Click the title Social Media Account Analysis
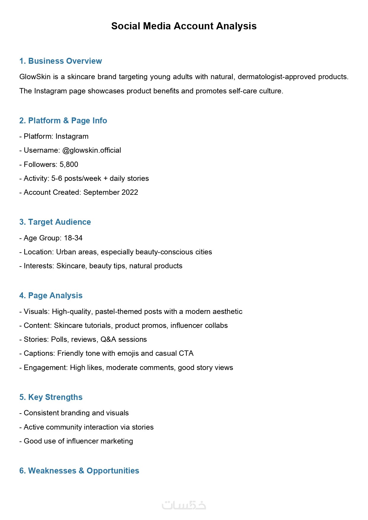(x=184, y=26)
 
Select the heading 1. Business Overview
(x=60, y=61)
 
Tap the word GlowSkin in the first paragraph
(x=35, y=77)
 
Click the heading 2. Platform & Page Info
(x=63, y=121)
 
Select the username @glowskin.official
(x=92, y=150)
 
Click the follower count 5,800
(x=69, y=165)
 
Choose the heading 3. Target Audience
(x=55, y=222)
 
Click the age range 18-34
(x=73, y=238)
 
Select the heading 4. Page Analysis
(x=51, y=296)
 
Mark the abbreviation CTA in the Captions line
(x=186, y=353)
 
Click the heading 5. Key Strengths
(x=51, y=397)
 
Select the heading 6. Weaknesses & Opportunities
(x=79, y=471)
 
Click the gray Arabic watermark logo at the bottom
(x=184, y=505)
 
